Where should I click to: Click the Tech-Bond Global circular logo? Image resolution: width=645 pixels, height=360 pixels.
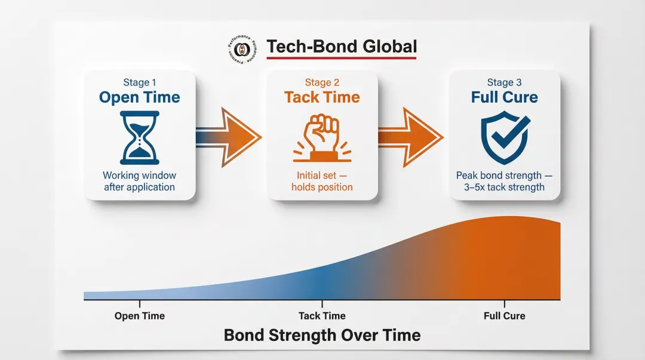(x=242, y=48)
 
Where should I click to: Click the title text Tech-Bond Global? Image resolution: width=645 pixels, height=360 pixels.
(x=342, y=47)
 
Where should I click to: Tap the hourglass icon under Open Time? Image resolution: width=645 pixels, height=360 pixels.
(x=139, y=137)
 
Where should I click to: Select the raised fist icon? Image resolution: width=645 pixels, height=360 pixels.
(x=322, y=137)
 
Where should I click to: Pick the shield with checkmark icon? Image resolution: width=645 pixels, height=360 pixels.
(x=505, y=138)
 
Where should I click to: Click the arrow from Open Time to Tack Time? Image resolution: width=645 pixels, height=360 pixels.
(x=229, y=137)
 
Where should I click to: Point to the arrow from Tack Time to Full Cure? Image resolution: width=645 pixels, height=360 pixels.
(x=411, y=137)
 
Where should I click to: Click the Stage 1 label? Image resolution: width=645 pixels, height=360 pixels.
(x=140, y=82)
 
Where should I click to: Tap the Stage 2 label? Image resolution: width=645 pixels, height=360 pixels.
(x=322, y=82)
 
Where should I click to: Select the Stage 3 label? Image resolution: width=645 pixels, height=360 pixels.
(x=505, y=82)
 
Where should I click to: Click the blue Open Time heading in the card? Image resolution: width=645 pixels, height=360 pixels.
(x=140, y=97)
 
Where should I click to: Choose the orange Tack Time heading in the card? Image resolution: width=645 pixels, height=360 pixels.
(x=322, y=97)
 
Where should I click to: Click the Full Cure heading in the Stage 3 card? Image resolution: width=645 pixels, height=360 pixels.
(x=505, y=97)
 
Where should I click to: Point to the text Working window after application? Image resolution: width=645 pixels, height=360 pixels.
(x=140, y=181)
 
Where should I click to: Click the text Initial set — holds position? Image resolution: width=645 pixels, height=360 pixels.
(x=322, y=181)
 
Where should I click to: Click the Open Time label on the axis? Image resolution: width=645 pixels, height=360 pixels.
(x=140, y=316)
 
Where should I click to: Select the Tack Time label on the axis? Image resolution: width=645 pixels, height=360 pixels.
(x=322, y=316)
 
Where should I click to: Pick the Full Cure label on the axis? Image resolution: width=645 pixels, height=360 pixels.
(x=505, y=316)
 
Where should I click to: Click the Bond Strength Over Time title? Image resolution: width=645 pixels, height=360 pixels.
(x=322, y=335)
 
